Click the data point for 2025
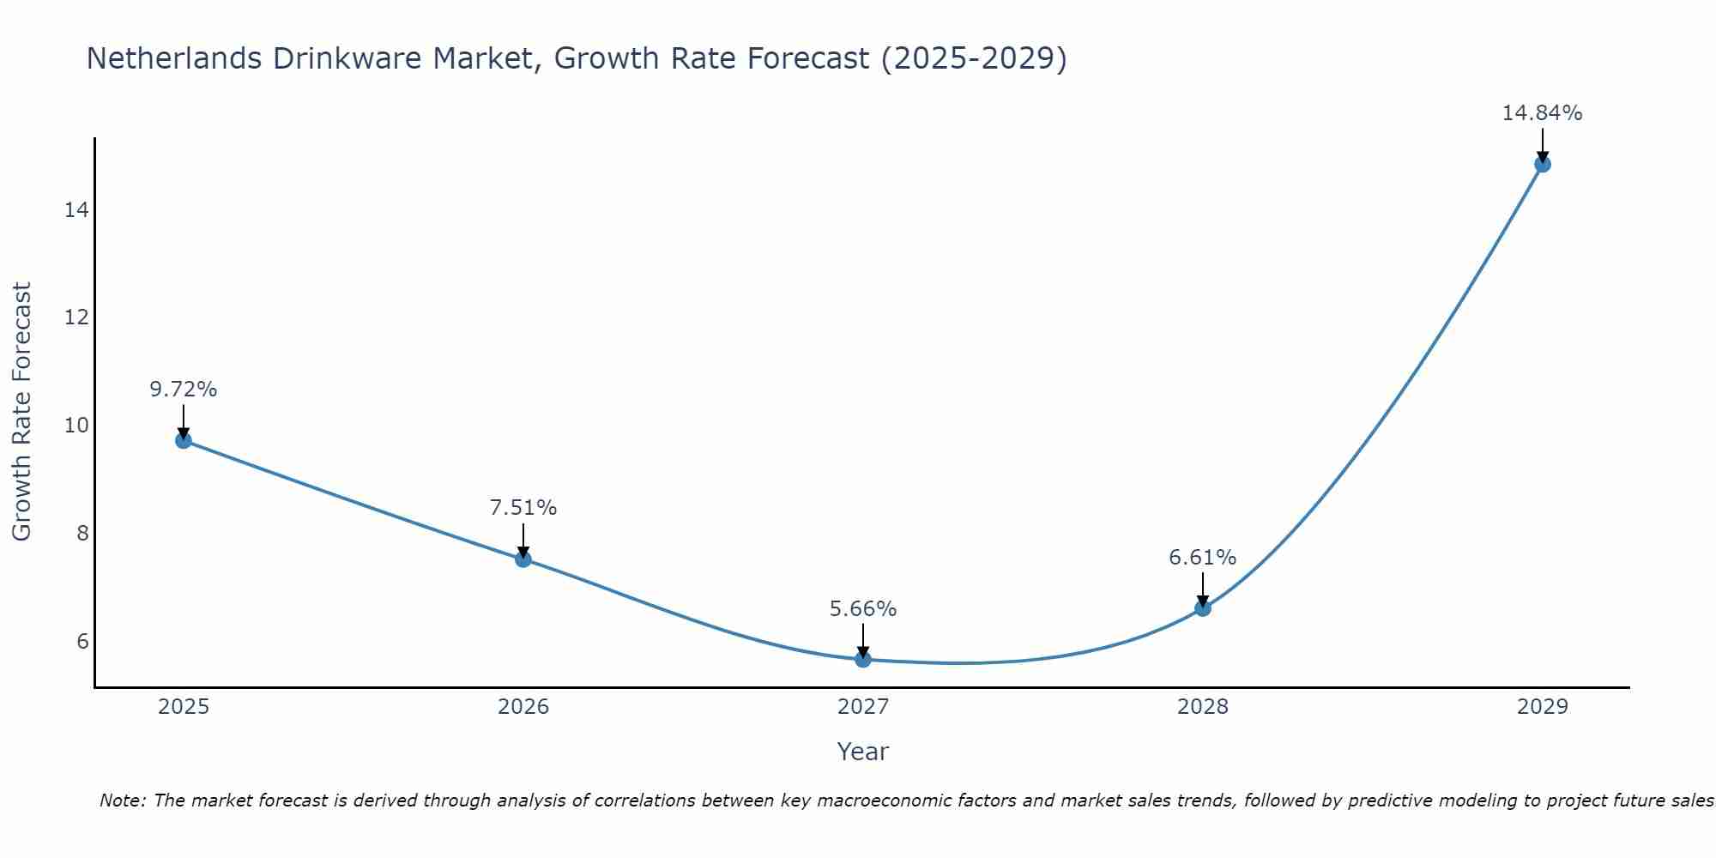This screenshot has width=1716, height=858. [184, 440]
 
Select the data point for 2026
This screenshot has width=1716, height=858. [523, 559]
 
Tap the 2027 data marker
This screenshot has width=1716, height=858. [863, 659]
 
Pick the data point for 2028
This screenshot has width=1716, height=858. [1203, 608]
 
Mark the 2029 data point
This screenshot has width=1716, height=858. [1543, 164]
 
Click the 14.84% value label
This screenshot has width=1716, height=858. [1542, 113]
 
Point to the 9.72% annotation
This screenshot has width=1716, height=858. [184, 390]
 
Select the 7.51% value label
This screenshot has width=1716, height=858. [523, 508]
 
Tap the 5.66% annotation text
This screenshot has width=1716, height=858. [863, 609]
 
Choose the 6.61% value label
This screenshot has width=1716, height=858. [1203, 558]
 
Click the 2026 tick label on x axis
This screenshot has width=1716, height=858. [523, 707]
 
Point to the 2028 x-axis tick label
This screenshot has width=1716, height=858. [1203, 707]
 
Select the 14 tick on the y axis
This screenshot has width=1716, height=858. [76, 210]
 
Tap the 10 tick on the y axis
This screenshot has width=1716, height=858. [76, 426]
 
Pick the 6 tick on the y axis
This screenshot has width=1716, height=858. [82, 641]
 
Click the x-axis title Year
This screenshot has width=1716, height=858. [863, 752]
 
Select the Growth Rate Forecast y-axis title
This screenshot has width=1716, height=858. [21, 412]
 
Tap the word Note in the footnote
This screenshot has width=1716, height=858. [123, 801]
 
